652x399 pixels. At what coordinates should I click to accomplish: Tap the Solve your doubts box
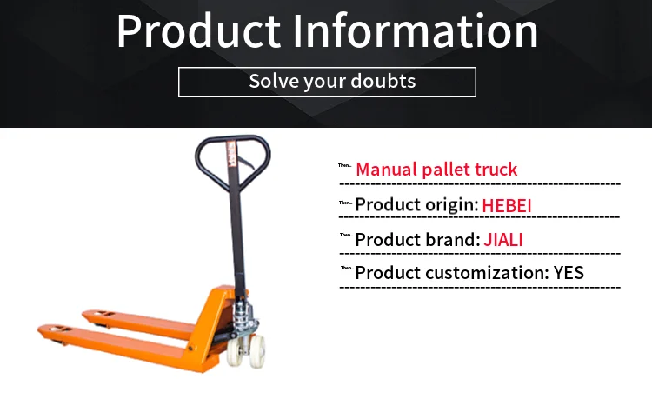[x=327, y=82]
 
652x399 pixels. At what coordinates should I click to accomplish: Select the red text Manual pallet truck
[x=436, y=169]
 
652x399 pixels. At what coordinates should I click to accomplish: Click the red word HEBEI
[x=507, y=205]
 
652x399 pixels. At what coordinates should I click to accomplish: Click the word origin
[x=449, y=205]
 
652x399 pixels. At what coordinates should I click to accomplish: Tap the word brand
[x=449, y=239]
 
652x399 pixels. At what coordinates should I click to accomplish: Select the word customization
[x=487, y=273]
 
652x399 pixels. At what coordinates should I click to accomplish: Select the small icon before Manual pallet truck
[x=345, y=166]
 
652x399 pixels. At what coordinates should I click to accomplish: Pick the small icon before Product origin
[x=345, y=203]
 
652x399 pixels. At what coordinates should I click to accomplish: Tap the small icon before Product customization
[x=345, y=269]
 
